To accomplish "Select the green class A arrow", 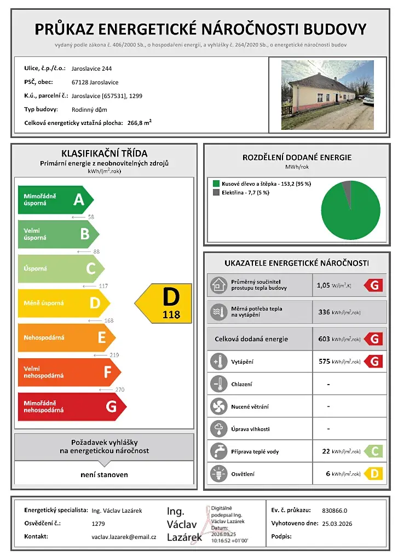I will pos(55,199).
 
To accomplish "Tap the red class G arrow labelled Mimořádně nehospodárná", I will pos(71,406).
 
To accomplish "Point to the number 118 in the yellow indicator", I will pos(171,315).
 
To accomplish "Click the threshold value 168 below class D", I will pos(109,320).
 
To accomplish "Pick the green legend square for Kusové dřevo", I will pos(216,184).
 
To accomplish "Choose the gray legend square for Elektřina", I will pos(216,193).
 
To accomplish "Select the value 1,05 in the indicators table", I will pos(323,285).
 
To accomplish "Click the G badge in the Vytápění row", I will pos(374,362).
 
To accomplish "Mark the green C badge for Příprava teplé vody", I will pos(374,451).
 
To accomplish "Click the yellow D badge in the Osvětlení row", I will pos(374,474).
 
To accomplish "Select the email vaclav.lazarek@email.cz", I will pos(124,537).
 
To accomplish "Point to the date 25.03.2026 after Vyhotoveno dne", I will pos(337,524).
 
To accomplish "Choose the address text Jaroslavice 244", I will pos(91,69).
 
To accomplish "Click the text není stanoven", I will pos(104,474).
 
